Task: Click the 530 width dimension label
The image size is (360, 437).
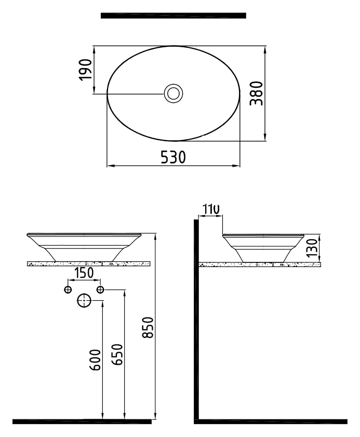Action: click(x=174, y=157)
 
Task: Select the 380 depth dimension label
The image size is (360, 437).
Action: click(x=256, y=93)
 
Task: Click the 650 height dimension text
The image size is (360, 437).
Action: click(x=117, y=354)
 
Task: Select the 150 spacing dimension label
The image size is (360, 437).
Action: click(x=84, y=273)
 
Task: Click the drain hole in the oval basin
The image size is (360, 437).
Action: click(x=174, y=94)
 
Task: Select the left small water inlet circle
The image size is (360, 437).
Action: click(x=68, y=289)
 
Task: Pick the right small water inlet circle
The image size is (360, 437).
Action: click(x=100, y=289)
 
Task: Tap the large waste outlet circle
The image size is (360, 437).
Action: click(x=84, y=300)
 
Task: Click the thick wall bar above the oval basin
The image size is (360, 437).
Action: click(x=173, y=16)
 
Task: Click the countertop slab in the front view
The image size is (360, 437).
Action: click(x=88, y=264)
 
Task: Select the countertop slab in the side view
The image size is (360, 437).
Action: click(x=259, y=264)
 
